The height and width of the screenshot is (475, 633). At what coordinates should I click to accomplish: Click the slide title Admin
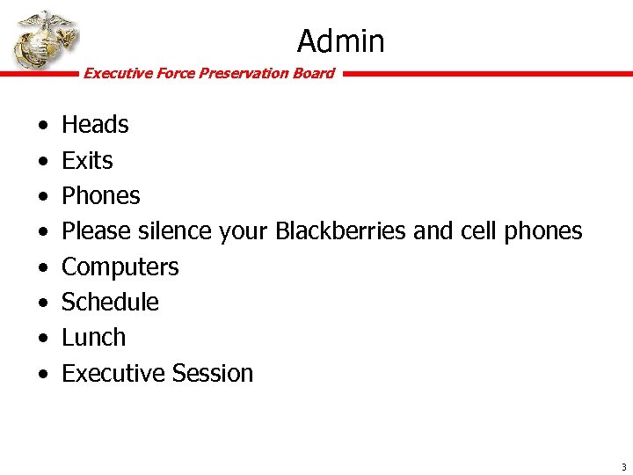(340, 40)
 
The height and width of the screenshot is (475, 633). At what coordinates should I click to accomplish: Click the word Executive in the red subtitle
(117, 74)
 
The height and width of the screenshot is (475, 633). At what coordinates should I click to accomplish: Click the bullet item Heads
(95, 125)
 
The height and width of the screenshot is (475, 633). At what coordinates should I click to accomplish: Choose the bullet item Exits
(87, 161)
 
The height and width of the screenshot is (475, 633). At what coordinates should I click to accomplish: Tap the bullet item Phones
(100, 196)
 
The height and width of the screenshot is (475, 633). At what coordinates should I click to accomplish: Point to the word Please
(94, 231)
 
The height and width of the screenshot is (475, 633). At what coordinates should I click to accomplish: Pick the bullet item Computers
(120, 267)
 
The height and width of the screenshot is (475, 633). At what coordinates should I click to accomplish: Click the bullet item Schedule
(110, 303)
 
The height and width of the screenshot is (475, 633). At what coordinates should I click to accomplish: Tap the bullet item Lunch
(93, 338)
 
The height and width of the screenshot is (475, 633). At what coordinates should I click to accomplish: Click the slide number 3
(623, 466)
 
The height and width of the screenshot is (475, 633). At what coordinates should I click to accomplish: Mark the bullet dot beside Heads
(42, 127)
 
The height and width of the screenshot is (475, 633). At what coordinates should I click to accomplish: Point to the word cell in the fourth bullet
(478, 231)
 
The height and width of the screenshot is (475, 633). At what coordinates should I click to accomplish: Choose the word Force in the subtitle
(175, 74)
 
